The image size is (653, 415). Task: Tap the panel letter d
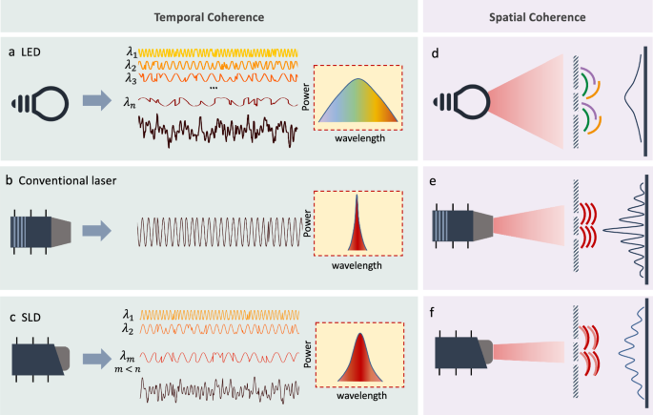435,53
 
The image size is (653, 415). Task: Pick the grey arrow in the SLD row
97,359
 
